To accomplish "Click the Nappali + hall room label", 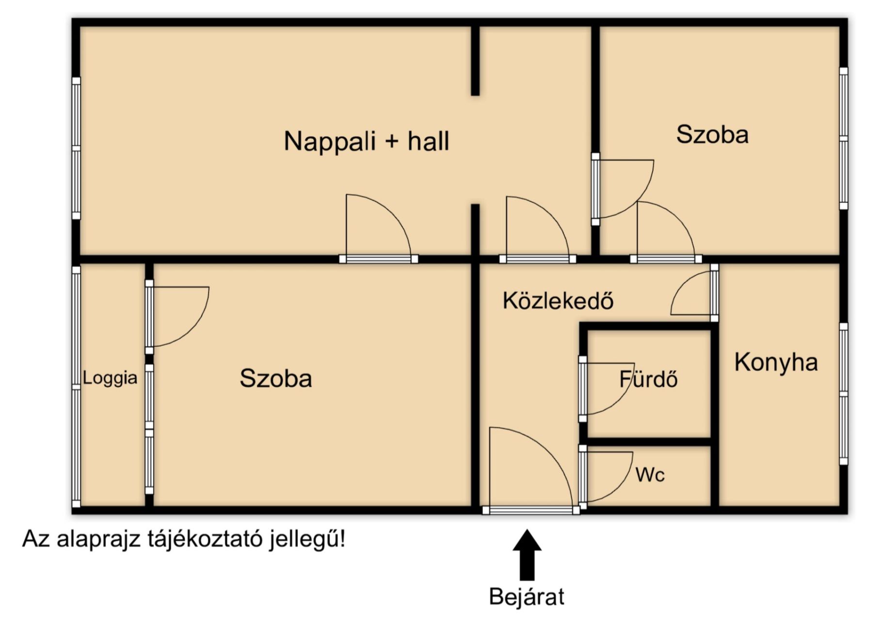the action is click(x=367, y=141).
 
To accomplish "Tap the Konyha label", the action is click(x=776, y=362).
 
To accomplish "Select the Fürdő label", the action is click(x=648, y=379).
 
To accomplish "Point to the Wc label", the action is click(x=650, y=474).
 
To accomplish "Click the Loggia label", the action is click(x=110, y=378).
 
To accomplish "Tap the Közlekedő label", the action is click(x=558, y=301).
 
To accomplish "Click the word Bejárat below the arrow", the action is click(x=527, y=597).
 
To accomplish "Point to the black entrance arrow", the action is click(x=527, y=555).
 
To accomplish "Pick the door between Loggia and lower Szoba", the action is click(x=177, y=317).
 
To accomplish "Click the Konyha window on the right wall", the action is click(x=844, y=394).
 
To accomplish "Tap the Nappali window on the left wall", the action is click(x=76, y=148).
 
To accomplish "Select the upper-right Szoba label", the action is click(x=712, y=134).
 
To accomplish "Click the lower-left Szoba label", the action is click(x=276, y=378).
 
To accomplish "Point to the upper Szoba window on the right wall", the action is click(x=844, y=139).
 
